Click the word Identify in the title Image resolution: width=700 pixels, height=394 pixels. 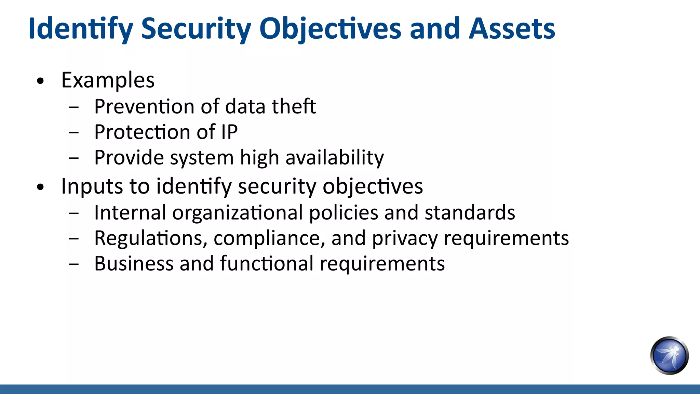[x=80, y=29]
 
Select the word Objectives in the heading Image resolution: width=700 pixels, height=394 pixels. [x=330, y=29]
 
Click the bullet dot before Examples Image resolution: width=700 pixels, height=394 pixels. [x=41, y=81]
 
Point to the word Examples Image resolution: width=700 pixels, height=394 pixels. [x=108, y=80]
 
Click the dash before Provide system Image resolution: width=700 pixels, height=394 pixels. [x=73, y=158]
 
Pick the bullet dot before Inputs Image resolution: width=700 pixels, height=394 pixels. [x=41, y=187]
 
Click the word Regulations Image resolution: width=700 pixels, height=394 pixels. [x=151, y=238]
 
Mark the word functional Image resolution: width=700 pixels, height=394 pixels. [x=267, y=264]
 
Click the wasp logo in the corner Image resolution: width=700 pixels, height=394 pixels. [x=669, y=356]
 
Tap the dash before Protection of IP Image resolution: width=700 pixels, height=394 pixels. [x=73, y=132]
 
